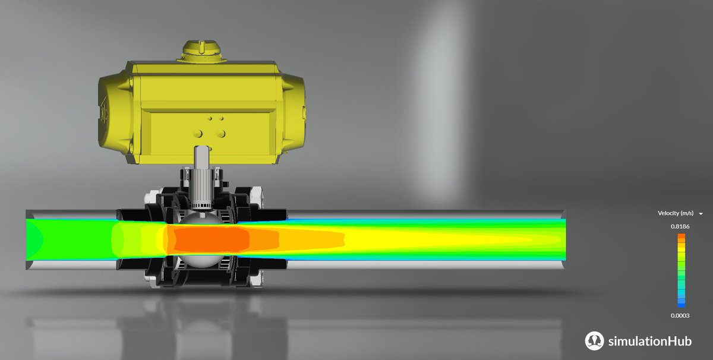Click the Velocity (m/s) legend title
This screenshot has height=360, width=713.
676,213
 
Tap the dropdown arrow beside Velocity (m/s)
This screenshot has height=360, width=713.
701,213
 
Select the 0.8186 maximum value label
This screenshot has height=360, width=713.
681,226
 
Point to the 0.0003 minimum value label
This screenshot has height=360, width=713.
681,315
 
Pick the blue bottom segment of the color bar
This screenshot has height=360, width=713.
681,305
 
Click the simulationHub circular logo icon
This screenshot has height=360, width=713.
594,340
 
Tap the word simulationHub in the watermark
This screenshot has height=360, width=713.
649,341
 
